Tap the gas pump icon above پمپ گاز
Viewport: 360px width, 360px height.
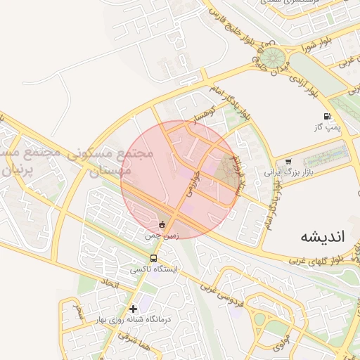click(x=326, y=116)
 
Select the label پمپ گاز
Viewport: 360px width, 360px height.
click(x=327, y=127)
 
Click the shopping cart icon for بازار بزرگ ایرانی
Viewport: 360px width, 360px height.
click(x=289, y=162)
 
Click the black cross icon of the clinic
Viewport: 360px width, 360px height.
click(x=133, y=308)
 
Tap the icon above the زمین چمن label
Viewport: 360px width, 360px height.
click(x=163, y=225)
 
